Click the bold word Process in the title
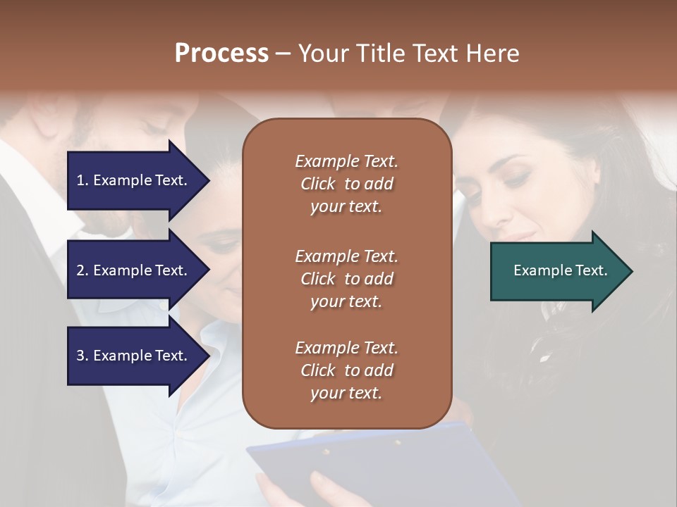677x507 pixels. coord(221,54)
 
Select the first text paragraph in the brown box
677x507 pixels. coord(346,184)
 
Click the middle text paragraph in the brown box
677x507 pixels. coord(346,279)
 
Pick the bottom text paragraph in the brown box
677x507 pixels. coord(346,370)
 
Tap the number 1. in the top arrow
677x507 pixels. coord(83,180)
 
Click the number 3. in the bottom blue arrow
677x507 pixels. coord(83,356)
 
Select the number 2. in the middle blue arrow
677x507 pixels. coord(83,270)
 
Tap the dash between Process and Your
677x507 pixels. coord(283,54)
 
